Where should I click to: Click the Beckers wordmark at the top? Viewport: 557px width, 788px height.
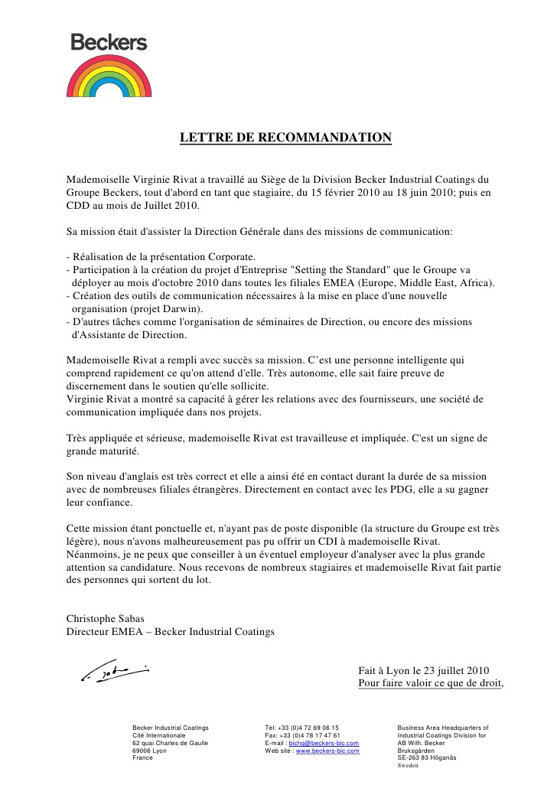click(109, 43)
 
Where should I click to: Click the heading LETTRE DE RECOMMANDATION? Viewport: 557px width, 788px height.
click(285, 138)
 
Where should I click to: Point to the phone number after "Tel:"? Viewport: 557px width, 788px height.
click(309, 728)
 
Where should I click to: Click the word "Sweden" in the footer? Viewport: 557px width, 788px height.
click(409, 765)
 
